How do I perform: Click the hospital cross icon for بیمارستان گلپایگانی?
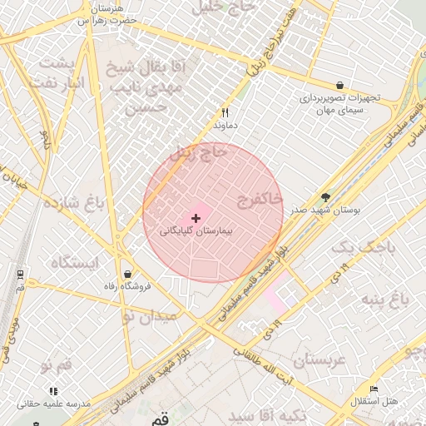[x=196, y=218]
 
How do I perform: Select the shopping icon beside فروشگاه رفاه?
[x=127, y=274]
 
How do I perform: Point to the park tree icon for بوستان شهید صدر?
[x=324, y=198]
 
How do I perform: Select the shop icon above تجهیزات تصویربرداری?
[x=339, y=86]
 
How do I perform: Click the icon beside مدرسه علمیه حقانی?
[x=53, y=390]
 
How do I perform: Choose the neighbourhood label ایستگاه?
[x=74, y=262]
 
